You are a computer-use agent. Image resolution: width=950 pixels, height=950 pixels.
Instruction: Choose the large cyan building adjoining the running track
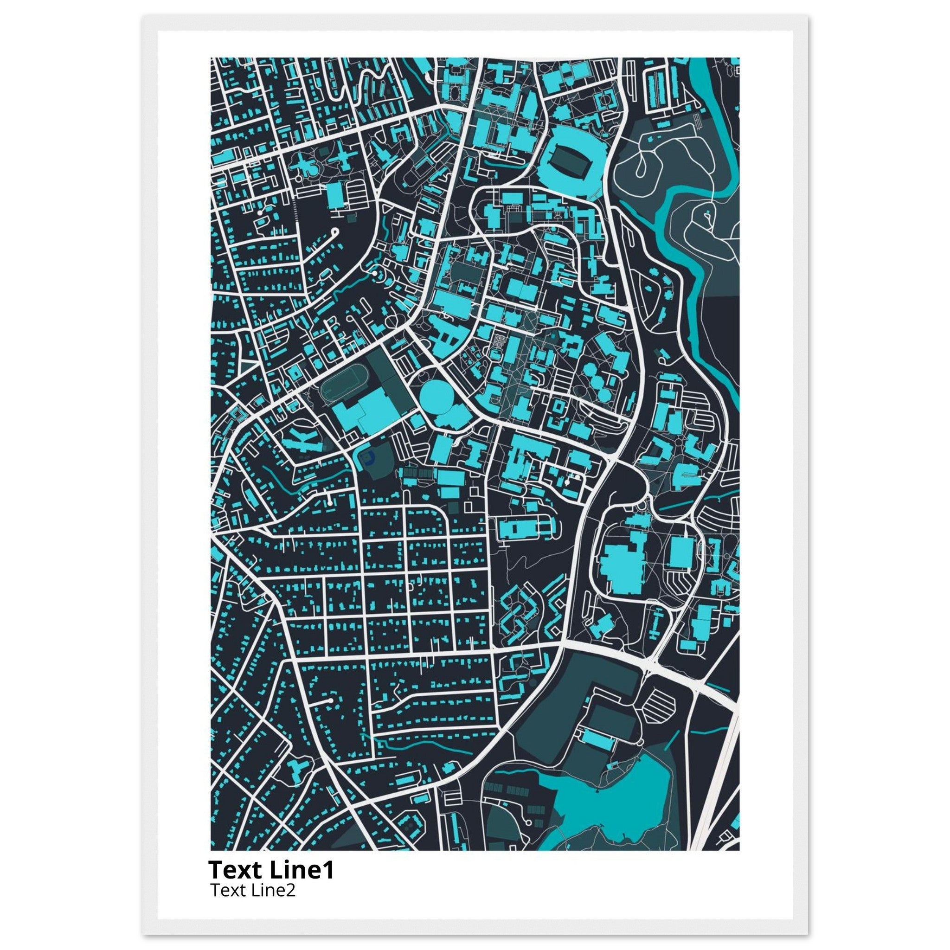(364, 413)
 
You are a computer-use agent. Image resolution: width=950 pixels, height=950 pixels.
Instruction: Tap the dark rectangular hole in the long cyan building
(514, 529)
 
